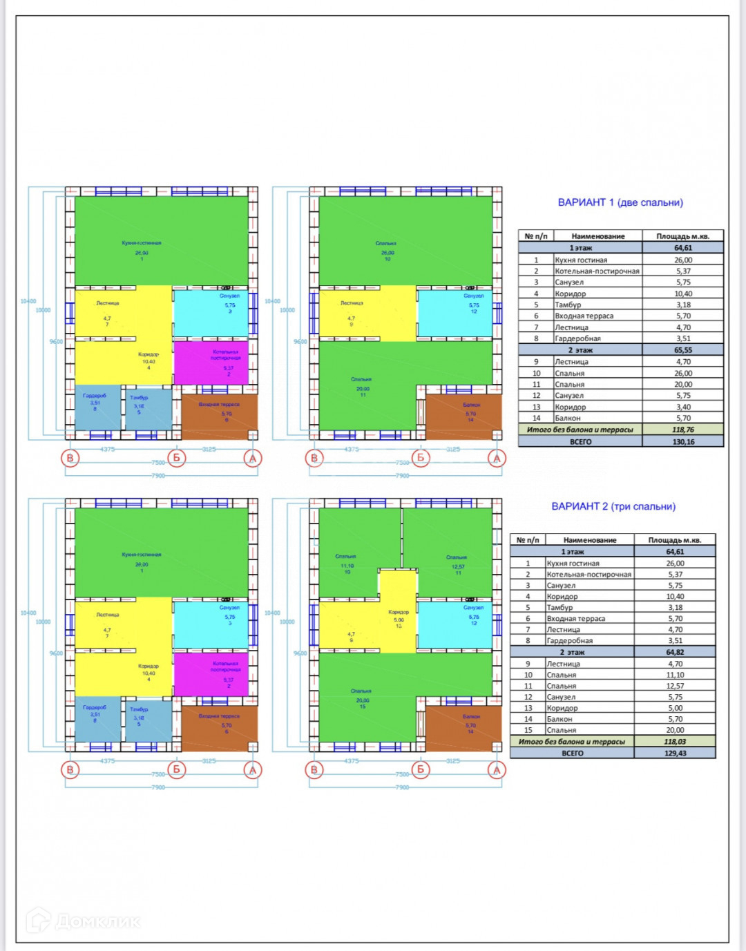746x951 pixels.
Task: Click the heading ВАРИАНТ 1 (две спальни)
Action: (620, 202)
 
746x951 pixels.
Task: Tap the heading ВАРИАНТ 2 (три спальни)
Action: (613, 506)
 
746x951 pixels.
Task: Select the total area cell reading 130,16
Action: (683, 441)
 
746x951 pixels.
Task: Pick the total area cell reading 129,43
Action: (675, 753)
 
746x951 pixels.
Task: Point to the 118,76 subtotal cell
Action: (683, 430)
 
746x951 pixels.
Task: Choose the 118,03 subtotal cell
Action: (675, 742)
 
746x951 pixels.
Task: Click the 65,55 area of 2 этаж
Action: (683, 350)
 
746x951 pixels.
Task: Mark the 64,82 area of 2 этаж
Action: (675, 652)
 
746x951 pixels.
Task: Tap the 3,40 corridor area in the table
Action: (683, 407)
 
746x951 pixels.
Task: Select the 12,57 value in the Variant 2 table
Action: (675, 686)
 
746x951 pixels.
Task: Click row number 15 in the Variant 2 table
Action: (528, 730)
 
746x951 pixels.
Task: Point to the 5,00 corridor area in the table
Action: (675, 708)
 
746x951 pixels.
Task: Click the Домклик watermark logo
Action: (83, 921)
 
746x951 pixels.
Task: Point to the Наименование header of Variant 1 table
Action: (597, 236)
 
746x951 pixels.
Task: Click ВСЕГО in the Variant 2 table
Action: (572, 753)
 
